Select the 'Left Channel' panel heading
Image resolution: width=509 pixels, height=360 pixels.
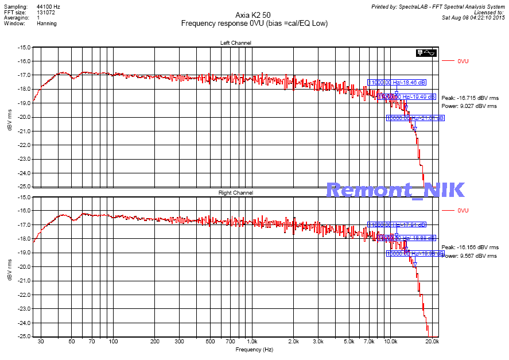coord(235,43)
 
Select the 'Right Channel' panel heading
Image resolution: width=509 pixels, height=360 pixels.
coord(235,193)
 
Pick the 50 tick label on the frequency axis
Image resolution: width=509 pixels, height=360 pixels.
coord(72,342)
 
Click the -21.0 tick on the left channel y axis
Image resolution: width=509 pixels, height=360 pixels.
coord(24,131)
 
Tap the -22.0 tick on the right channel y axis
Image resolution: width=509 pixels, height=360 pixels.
coord(24,295)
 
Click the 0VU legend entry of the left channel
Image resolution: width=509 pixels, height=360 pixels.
coord(463,60)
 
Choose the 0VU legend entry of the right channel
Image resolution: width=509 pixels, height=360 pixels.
coord(463,211)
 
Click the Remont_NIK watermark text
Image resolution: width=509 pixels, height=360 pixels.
coord(395,191)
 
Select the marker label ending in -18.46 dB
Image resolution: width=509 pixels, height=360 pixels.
coord(397,83)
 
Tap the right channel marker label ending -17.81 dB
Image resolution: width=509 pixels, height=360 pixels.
coord(397,225)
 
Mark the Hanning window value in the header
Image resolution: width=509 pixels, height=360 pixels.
coord(46,24)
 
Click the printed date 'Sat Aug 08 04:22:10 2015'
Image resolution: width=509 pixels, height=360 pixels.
coord(473,17)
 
